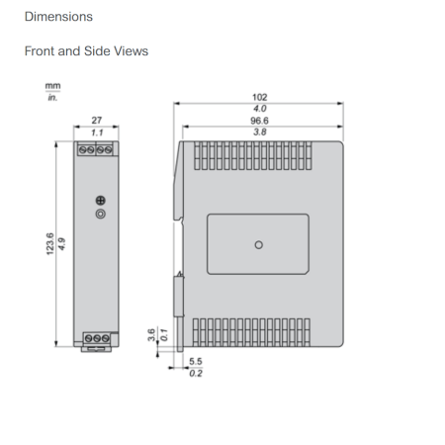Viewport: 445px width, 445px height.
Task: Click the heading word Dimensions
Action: (58, 17)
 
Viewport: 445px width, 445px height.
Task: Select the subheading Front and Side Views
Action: (86, 51)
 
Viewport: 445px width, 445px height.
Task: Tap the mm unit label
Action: (52, 86)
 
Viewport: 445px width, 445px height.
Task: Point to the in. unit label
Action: (52, 97)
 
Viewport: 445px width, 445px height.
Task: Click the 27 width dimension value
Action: (97, 121)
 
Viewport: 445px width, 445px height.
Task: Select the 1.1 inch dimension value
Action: (97, 133)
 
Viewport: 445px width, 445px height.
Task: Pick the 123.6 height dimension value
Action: (49, 244)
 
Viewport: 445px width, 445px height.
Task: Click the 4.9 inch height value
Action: (61, 244)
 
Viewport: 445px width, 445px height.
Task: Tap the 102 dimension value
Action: (260, 97)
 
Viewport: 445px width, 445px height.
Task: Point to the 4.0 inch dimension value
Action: (260, 109)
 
